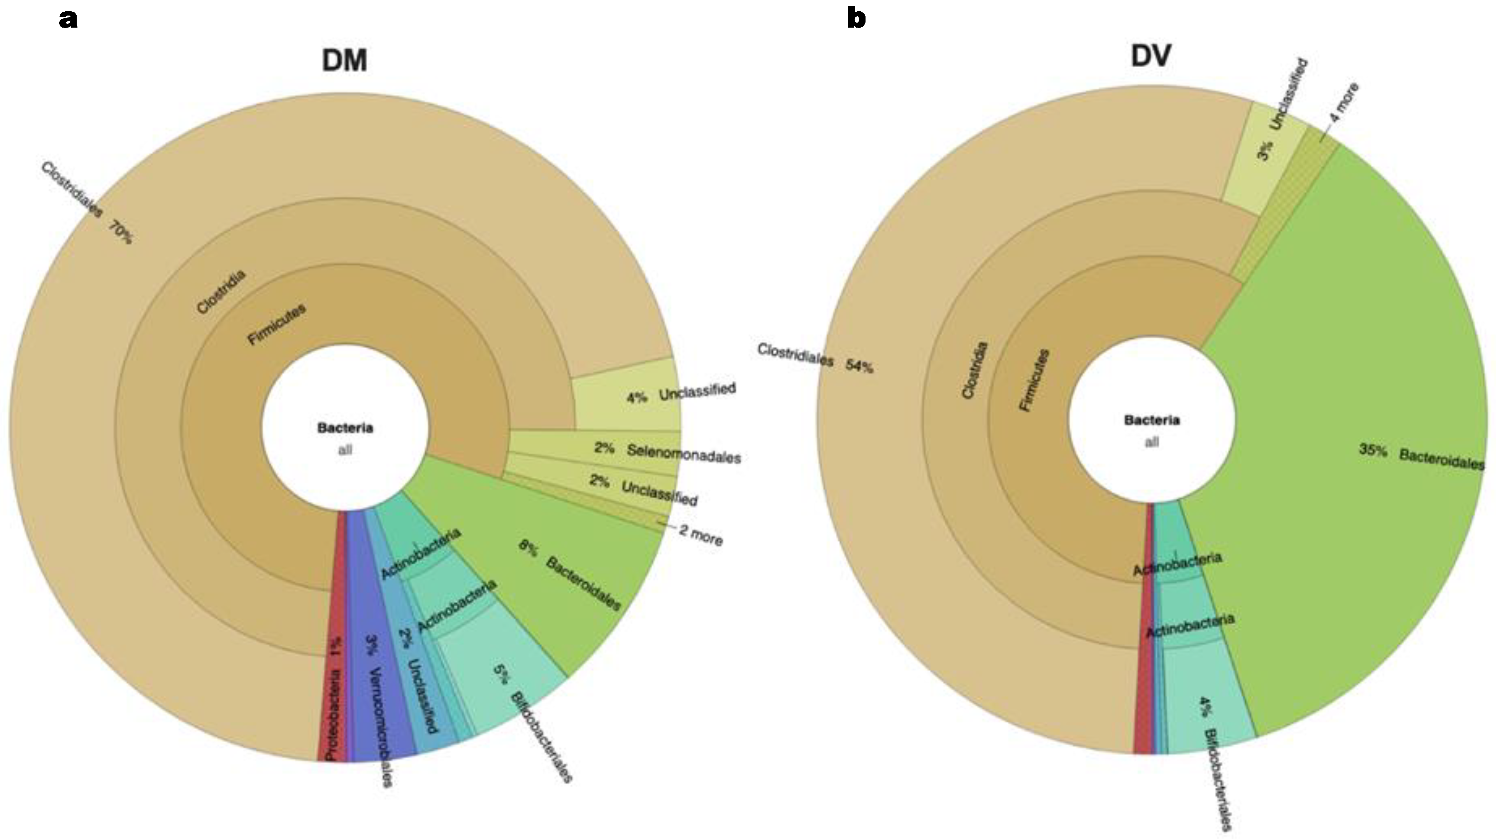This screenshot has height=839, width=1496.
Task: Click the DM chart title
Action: click(x=344, y=60)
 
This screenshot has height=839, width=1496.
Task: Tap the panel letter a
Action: click(x=68, y=19)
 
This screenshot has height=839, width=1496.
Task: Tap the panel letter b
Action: click(x=856, y=18)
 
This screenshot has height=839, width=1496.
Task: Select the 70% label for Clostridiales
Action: click(x=119, y=232)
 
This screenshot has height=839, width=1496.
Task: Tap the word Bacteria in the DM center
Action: click(x=345, y=428)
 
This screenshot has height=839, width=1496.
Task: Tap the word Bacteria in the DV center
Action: click(x=1152, y=420)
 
